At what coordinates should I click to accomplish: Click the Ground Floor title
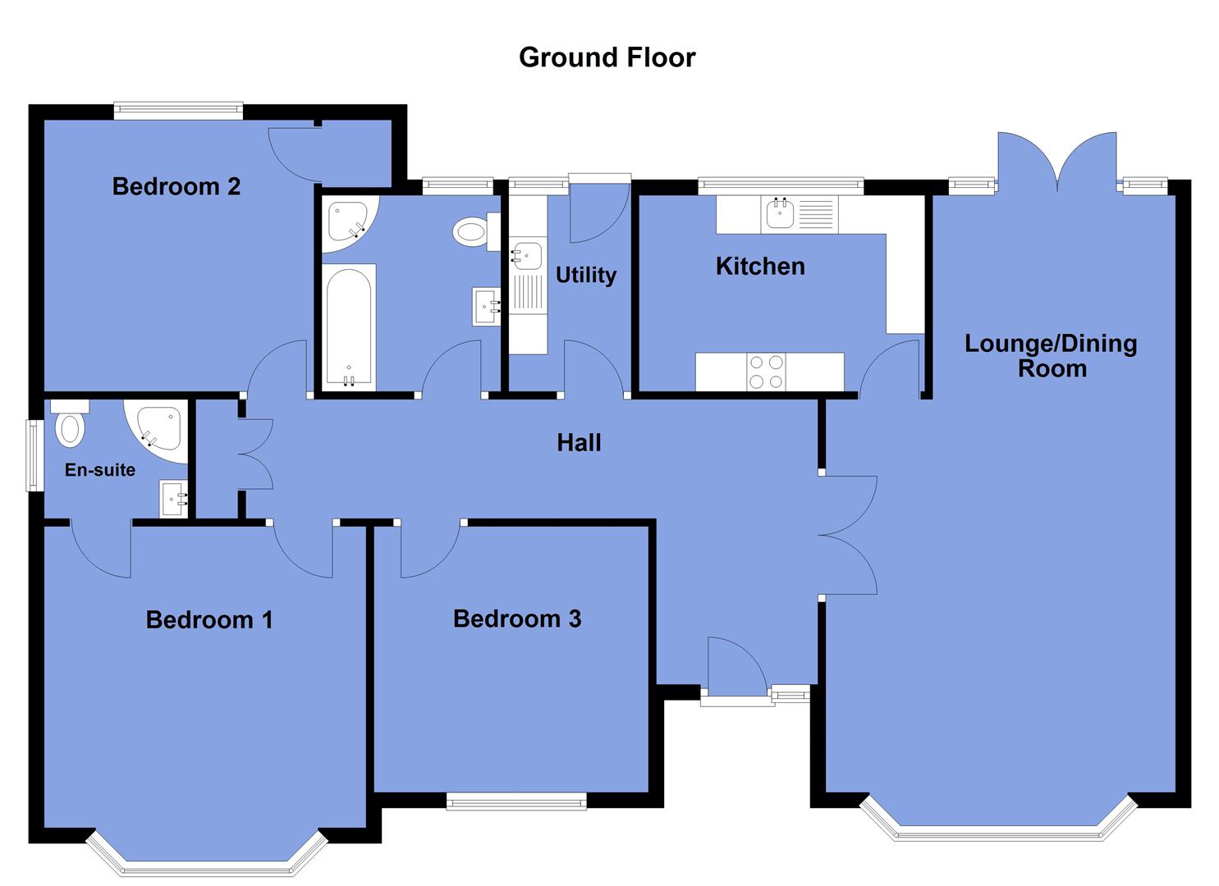tap(607, 57)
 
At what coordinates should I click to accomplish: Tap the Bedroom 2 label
tap(176, 186)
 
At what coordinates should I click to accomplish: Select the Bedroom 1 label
tap(209, 619)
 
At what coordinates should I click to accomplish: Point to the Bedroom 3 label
tap(517, 618)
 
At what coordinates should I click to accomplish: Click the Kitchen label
tap(760, 266)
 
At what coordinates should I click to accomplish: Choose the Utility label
tap(585, 275)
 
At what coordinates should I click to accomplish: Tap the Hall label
tap(579, 443)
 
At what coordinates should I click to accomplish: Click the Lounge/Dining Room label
tap(1051, 355)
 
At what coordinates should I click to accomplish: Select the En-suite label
tap(100, 470)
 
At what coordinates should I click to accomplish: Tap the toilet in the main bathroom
tap(472, 231)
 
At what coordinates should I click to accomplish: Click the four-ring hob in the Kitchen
tap(766, 372)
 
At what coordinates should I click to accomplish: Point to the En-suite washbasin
tap(174, 498)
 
